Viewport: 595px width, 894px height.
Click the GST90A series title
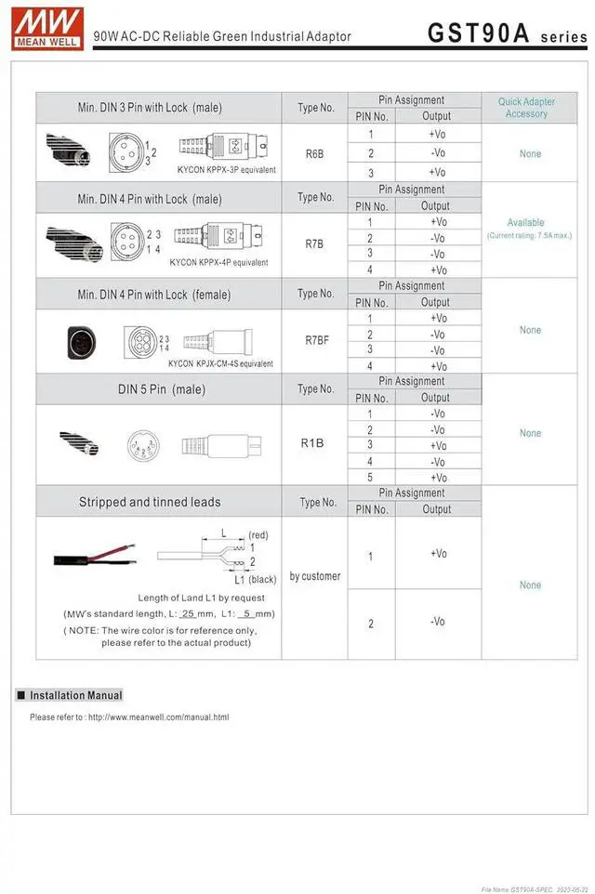point(507,33)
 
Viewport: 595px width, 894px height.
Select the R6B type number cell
point(314,152)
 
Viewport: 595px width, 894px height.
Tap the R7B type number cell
point(314,243)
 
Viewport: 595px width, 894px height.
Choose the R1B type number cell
point(312,442)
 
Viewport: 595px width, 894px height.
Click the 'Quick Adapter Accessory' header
point(526,108)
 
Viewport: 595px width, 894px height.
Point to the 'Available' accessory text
point(526,222)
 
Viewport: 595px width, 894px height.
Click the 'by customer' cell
point(314,576)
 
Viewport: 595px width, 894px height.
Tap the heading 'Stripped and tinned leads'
point(150,502)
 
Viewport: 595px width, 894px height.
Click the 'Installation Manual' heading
point(76,695)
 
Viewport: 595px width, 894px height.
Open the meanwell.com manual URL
point(158,717)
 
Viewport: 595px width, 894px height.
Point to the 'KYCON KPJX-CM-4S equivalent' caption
point(221,363)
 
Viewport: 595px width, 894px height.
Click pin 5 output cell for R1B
point(438,478)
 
